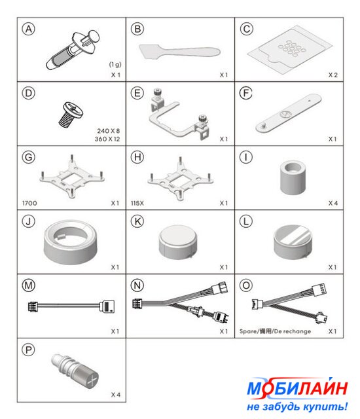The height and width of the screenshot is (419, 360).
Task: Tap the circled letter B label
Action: tap(137, 29)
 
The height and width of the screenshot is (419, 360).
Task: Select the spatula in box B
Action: tap(179, 52)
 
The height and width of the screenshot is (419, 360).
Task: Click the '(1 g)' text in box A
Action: tap(115, 64)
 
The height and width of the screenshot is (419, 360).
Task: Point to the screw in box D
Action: tap(71, 114)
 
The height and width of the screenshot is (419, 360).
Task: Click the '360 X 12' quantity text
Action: tap(107, 139)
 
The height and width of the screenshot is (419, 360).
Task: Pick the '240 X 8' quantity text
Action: tap(109, 131)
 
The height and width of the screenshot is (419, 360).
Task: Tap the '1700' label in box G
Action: tap(29, 203)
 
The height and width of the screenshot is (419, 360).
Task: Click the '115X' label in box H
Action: tap(137, 203)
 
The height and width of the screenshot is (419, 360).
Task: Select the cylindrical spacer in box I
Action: tap(293, 177)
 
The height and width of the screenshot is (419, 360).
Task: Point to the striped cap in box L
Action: tap(293, 242)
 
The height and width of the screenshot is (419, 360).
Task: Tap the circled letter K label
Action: tap(137, 221)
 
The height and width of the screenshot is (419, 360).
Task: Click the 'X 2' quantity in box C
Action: tap(333, 75)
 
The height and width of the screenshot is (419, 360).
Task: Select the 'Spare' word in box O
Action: tap(247, 331)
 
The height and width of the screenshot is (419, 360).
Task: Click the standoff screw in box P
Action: tap(75, 369)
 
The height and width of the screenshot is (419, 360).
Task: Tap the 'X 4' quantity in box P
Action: tap(116, 395)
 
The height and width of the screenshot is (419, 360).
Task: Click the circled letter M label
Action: tap(29, 285)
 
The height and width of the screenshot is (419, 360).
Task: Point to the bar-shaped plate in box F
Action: tap(289, 113)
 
